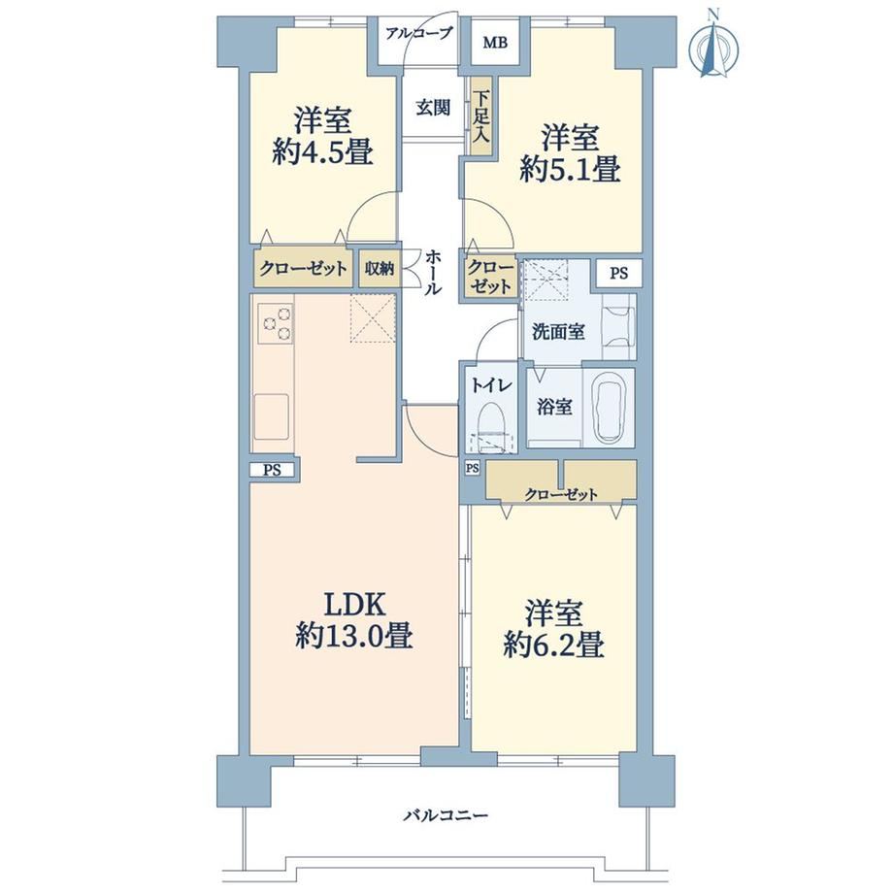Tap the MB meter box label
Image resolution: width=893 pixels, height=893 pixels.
(x=495, y=43)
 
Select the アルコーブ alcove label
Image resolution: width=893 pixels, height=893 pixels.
(x=418, y=33)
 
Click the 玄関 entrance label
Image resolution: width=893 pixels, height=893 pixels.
(x=433, y=107)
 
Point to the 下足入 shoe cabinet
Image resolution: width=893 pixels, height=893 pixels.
(x=481, y=116)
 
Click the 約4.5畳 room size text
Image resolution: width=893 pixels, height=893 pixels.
(x=322, y=152)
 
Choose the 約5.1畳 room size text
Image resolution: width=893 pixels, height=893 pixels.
(x=570, y=169)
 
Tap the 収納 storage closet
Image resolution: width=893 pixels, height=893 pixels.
(x=380, y=268)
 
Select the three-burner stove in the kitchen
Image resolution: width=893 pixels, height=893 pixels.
(x=277, y=323)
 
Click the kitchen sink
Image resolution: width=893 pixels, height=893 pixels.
(x=271, y=417)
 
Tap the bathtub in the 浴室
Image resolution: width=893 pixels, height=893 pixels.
(x=610, y=408)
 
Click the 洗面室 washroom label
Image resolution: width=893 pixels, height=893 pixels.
(x=558, y=331)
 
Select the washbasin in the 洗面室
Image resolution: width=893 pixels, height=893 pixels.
(x=618, y=327)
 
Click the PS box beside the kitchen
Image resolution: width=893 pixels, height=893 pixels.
(x=272, y=471)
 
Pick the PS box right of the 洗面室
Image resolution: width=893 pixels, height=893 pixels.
(x=619, y=273)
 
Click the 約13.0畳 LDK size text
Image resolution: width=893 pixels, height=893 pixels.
(x=354, y=635)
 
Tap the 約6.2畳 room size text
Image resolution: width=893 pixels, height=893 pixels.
(x=553, y=645)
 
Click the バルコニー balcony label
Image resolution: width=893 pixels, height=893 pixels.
(x=446, y=816)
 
